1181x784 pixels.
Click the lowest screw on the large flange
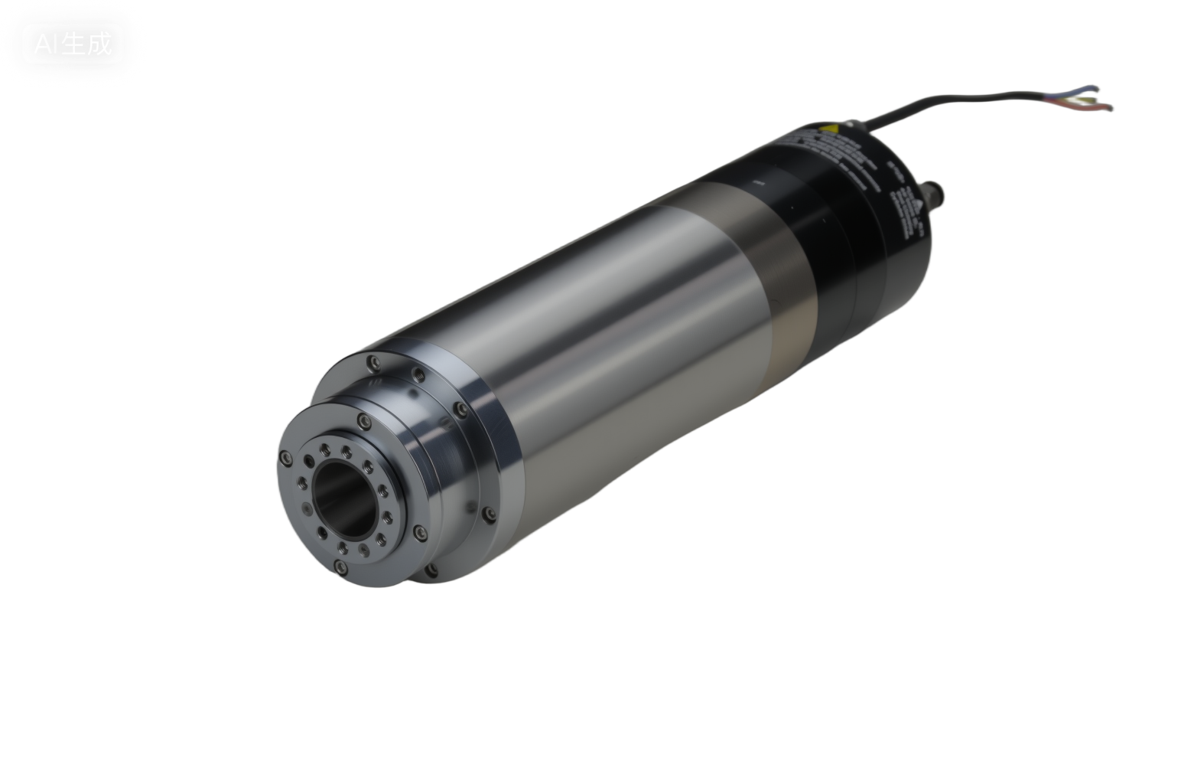(433, 568)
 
